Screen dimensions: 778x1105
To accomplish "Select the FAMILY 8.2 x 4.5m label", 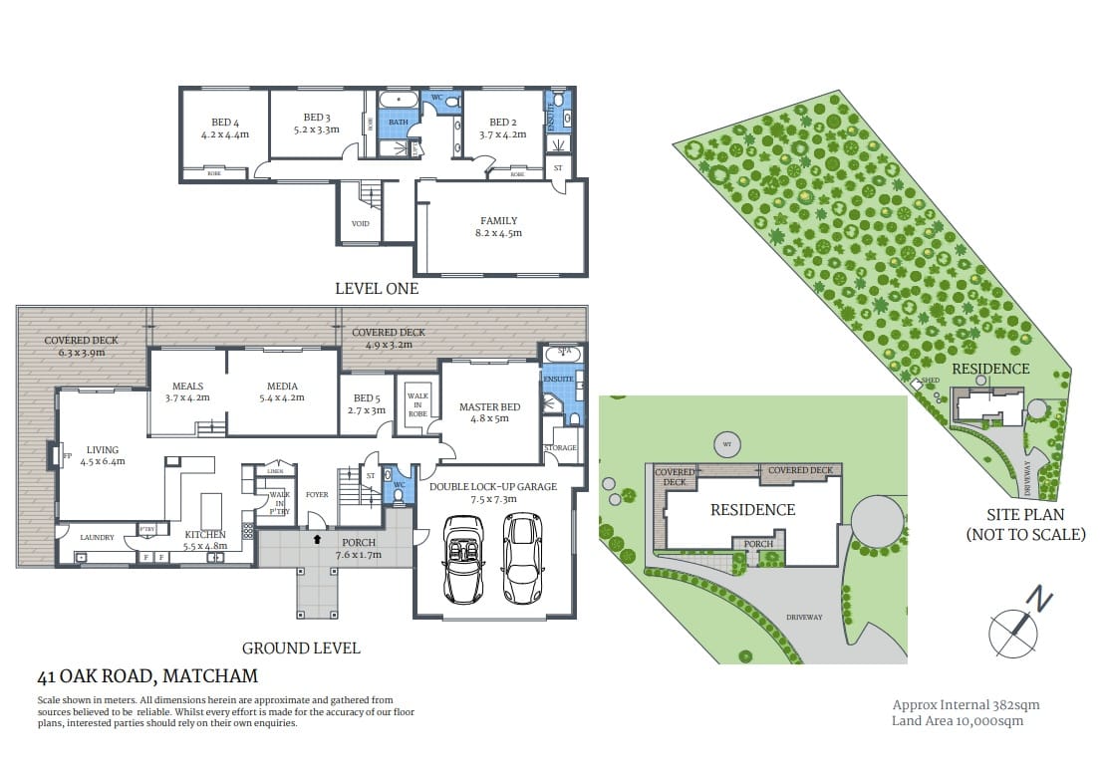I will (499, 227).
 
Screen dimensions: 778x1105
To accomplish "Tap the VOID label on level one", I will (361, 223).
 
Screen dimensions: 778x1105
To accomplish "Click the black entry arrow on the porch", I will (317, 539).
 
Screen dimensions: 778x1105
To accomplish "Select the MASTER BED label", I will (489, 412).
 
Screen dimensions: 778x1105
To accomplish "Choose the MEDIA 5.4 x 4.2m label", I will (282, 391).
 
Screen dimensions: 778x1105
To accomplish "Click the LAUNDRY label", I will (97, 537).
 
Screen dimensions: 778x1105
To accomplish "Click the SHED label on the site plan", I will (931, 380).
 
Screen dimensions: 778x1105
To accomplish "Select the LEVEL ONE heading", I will (377, 289).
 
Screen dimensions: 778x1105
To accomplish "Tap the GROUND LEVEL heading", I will (300, 648).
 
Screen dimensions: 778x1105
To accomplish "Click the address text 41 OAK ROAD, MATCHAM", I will (146, 676).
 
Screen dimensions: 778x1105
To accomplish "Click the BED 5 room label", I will (367, 404).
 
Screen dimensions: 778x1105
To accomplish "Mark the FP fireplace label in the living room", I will (67, 457).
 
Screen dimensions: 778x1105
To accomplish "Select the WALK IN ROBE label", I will (417, 403).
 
